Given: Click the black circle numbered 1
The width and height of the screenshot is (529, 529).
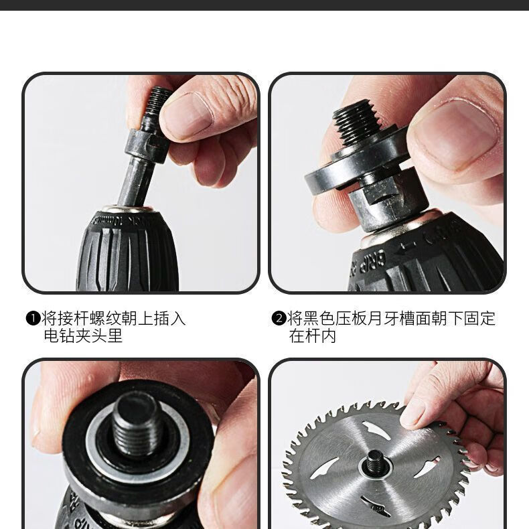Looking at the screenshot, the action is (x=33, y=319).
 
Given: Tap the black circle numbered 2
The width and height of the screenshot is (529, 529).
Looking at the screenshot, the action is (x=279, y=319).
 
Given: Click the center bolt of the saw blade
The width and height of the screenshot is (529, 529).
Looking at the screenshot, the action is (x=375, y=461).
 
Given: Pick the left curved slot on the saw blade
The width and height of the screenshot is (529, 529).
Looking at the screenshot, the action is (x=323, y=468).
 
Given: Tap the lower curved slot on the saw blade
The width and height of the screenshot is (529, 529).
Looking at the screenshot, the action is (x=375, y=506).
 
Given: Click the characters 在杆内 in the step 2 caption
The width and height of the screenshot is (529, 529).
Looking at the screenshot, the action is (x=313, y=335).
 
